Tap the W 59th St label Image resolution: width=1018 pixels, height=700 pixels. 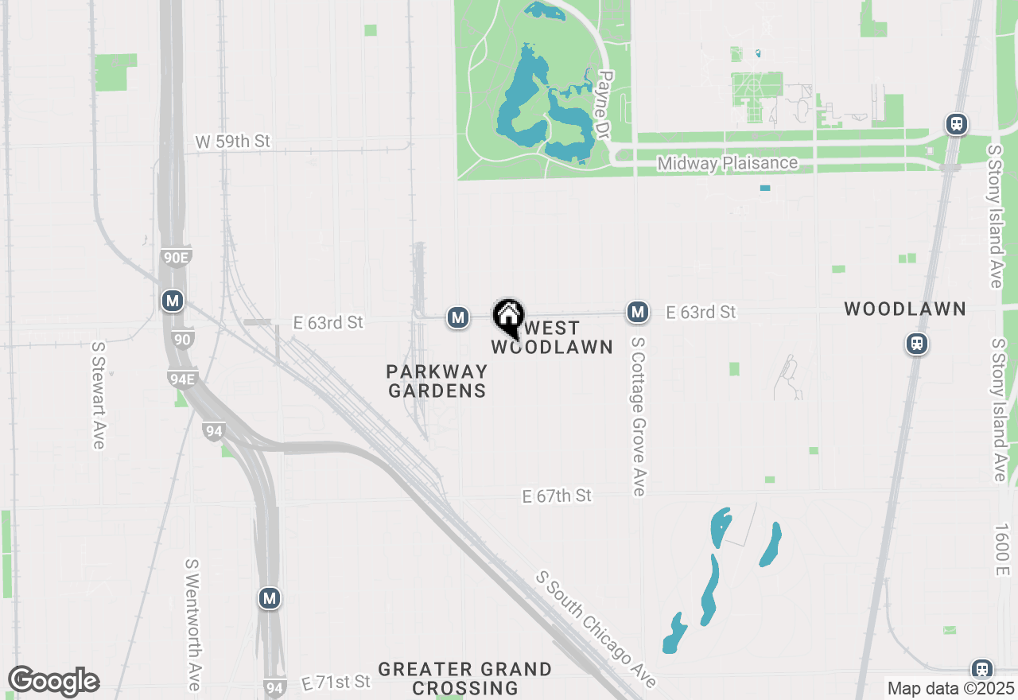pos(233,142)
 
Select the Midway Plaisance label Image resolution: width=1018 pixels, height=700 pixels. pos(727,163)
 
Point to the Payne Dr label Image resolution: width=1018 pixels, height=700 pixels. pos(604,107)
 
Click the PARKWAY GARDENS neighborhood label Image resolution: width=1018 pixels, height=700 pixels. pos(437,381)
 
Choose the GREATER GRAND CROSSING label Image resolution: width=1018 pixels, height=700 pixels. pos(465,679)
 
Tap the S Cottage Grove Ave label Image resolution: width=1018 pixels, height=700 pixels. pos(638,416)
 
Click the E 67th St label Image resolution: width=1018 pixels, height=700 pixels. pos(557,496)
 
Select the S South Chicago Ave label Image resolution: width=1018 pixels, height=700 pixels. pos(596,628)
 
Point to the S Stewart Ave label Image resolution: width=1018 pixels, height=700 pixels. pos(99,395)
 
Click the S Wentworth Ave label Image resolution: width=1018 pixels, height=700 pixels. pos(192,624)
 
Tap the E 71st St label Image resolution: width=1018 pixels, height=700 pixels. pos(336,682)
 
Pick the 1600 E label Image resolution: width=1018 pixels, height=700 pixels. pos(1001,550)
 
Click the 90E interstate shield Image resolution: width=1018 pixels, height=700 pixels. pos(175,257)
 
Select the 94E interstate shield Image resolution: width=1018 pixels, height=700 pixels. pos(181,378)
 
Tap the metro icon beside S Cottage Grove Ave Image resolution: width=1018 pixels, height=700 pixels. pos(637,312)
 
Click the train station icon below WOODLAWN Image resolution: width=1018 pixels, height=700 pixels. pos(917,344)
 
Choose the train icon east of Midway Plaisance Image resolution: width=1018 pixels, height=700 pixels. pos(956,124)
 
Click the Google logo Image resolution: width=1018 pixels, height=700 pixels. pos(53,681)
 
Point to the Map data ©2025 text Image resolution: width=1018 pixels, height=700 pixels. pos(950,688)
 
